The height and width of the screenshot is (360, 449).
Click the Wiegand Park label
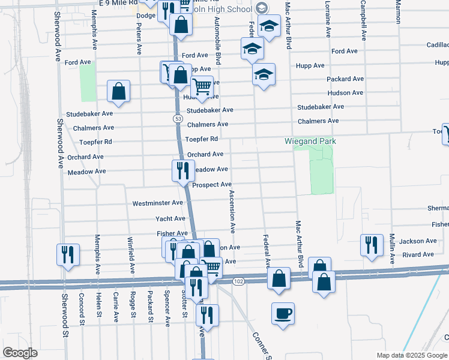pos(310,142)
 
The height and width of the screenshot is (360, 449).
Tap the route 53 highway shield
pos(178,119)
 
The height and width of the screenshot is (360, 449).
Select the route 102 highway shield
pos(238,281)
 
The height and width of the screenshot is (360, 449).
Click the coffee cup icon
pos(283,313)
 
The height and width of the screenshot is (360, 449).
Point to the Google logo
pos(20,353)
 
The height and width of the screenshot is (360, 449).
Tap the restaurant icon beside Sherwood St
pos(67,254)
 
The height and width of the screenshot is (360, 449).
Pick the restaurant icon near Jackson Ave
pos(372,245)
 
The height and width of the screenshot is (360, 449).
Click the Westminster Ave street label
pos(157,203)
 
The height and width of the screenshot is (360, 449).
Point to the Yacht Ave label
pos(170,218)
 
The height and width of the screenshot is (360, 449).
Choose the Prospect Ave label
pos(212,184)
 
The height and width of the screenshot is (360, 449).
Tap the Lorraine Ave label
pos(328,21)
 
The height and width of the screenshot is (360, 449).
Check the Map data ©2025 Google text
pos(412,355)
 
